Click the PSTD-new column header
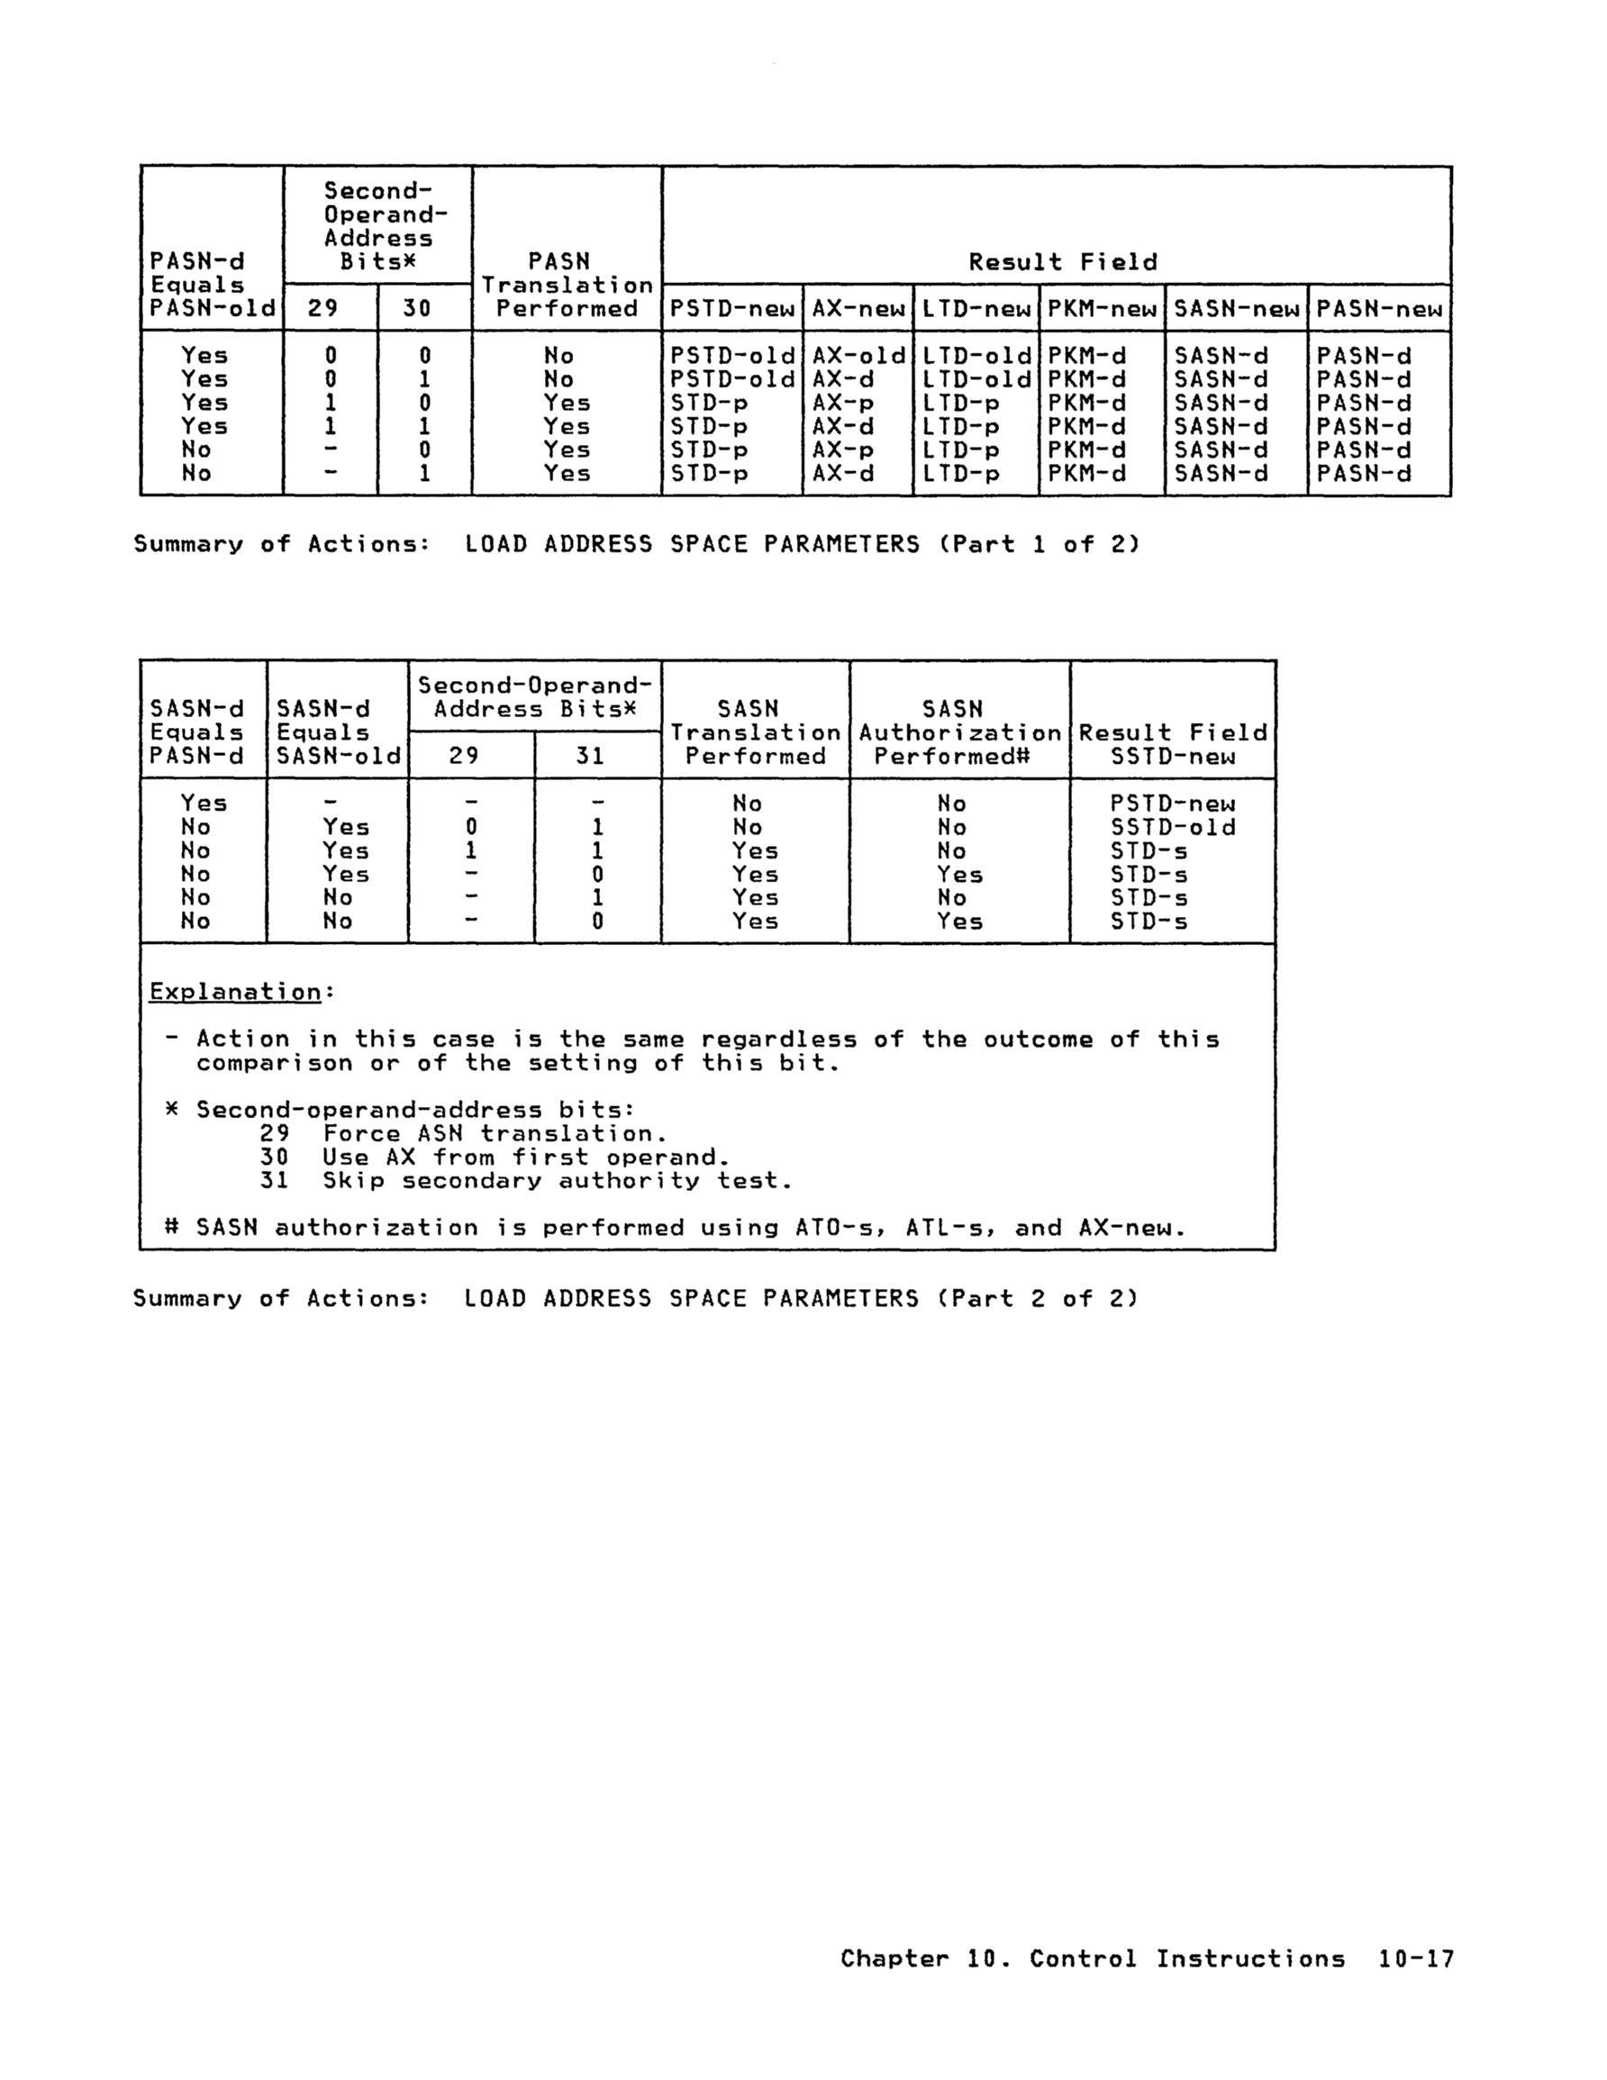pyautogui.click(x=731, y=309)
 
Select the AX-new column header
pyautogui.click(x=858, y=309)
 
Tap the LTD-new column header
pyautogui.click(x=976, y=309)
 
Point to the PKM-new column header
pyautogui.click(x=1101, y=309)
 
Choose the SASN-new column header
pyautogui.click(x=1236, y=309)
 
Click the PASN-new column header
pyautogui.click(x=1378, y=309)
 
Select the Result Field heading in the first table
pyautogui.click(x=1062, y=262)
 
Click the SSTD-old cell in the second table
pyautogui.click(x=1173, y=828)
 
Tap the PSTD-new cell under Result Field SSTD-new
pyautogui.click(x=1173, y=804)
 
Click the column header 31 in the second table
pyautogui.click(x=590, y=756)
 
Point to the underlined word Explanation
pyautogui.click(x=235, y=992)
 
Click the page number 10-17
pyautogui.click(x=1415, y=1959)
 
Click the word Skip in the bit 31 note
pyautogui.click(x=353, y=1181)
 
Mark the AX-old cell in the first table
pyautogui.click(x=858, y=356)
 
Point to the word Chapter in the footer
pyautogui.click(x=894, y=1959)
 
